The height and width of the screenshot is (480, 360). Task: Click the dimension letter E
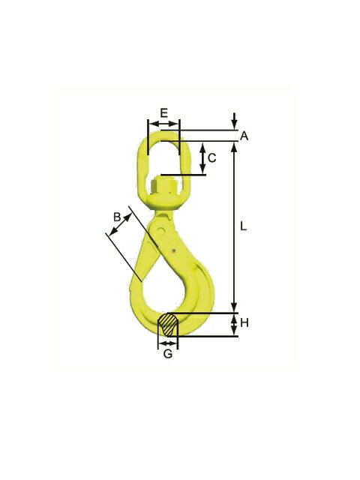click(164, 112)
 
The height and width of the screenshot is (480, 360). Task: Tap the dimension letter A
click(244, 136)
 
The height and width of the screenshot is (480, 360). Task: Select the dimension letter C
click(212, 158)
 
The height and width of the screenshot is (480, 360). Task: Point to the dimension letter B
click(117, 217)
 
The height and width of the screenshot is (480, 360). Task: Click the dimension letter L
click(243, 226)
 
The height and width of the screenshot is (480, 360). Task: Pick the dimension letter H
click(244, 322)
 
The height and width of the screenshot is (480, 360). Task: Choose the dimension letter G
click(168, 354)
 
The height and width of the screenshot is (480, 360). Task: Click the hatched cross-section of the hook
click(167, 324)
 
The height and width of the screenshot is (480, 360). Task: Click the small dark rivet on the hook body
click(173, 251)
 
